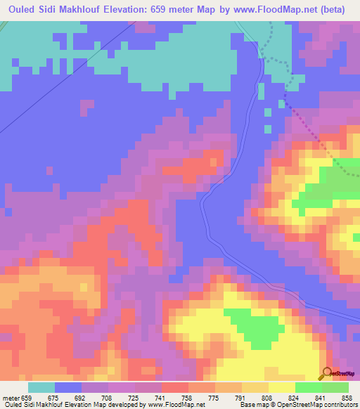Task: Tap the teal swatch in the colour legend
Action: click(x=41, y=387)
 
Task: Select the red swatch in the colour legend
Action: click(x=175, y=387)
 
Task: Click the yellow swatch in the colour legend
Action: click(x=282, y=387)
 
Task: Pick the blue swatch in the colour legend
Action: click(x=68, y=387)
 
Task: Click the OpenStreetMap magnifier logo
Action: click(x=327, y=373)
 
